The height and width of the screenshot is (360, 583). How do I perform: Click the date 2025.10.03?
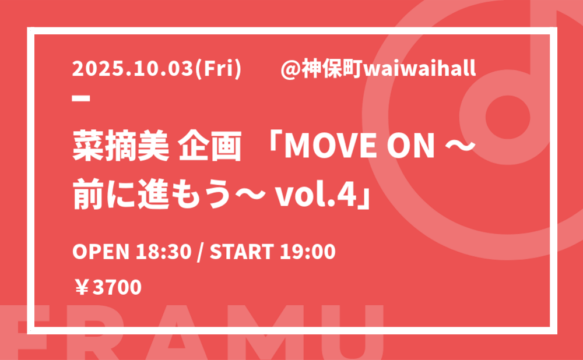133,69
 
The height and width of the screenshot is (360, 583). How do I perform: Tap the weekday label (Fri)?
218,69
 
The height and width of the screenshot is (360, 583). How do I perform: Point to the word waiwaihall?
419,69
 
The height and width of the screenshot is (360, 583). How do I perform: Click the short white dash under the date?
81,98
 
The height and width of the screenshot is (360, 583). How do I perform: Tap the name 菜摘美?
121,146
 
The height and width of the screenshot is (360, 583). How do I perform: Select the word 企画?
210,146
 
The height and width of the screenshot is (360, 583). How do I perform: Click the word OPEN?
100,252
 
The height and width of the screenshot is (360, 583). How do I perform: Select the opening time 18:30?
163,252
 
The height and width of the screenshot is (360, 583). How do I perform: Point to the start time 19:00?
308,252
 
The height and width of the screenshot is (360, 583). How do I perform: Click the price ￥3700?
107,287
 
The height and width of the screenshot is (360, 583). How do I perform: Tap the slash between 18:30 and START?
201,252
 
